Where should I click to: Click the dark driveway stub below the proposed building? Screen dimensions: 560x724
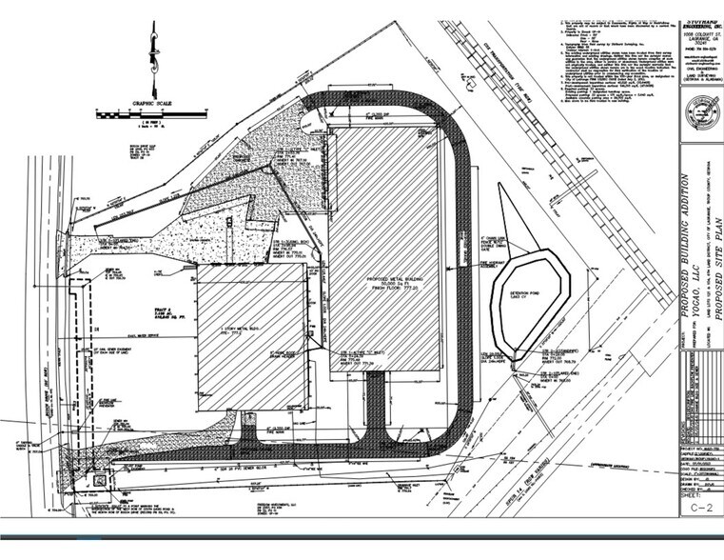[x=376, y=400]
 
